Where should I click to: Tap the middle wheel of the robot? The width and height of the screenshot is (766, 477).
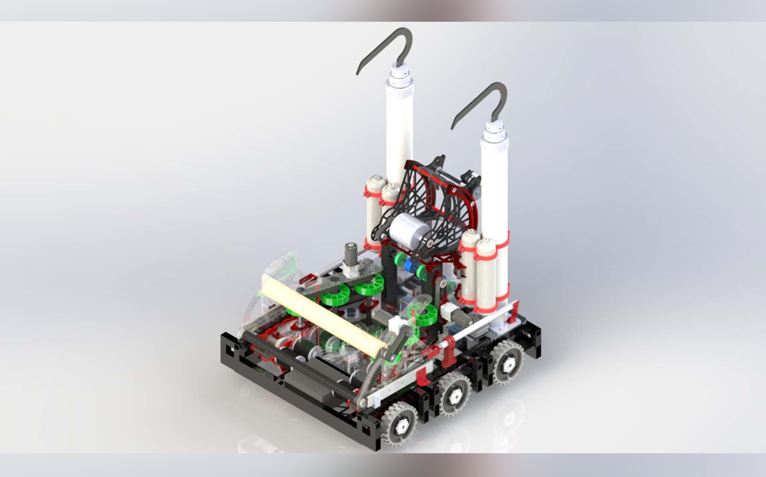click(454, 395)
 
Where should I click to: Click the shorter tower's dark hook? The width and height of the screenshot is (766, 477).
click(480, 102)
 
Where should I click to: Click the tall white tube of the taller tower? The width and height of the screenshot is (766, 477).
click(400, 134)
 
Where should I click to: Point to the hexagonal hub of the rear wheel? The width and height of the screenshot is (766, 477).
click(509, 363)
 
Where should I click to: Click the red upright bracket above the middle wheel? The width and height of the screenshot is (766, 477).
click(450, 349)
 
